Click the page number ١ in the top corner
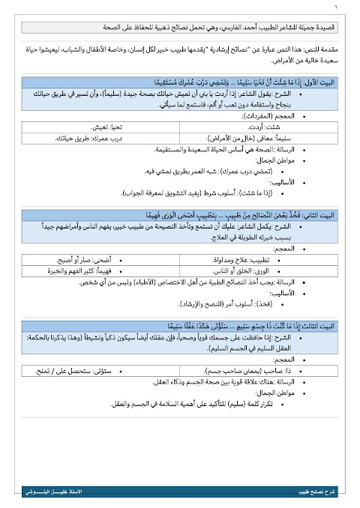point(337,8)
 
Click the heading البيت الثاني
point(316,214)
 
